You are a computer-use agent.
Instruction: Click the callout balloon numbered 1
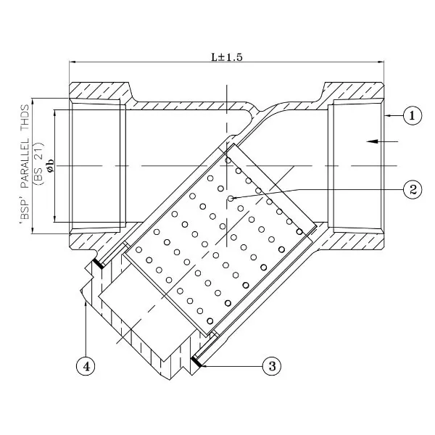point(413,115)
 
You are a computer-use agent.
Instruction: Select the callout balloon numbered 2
point(413,190)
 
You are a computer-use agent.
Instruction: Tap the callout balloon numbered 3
point(272,366)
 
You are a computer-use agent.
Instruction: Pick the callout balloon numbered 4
point(86,366)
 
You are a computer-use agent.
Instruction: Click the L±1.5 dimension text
point(227,57)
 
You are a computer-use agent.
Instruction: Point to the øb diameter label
point(51,165)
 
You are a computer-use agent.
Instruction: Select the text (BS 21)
point(38,164)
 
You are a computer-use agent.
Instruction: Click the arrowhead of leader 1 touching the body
point(388,115)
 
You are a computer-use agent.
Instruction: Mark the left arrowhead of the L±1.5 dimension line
point(72,62)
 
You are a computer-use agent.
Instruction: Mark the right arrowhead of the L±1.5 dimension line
point(381,62)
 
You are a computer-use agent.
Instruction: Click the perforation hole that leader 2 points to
point(231,198)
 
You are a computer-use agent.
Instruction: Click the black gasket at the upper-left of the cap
point(98,264)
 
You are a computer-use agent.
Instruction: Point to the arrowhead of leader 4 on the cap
point(86,304)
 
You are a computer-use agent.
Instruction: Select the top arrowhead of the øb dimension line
point(54,113)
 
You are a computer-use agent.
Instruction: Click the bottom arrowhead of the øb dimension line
point(54,219)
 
